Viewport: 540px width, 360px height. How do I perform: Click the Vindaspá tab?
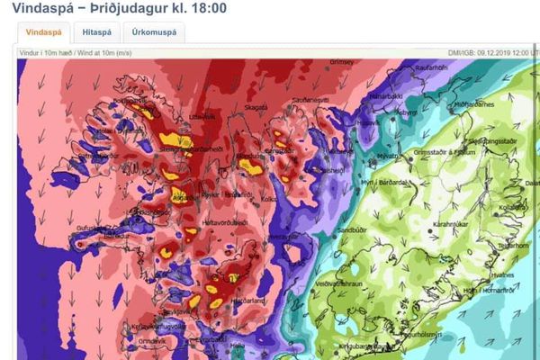point(43,32)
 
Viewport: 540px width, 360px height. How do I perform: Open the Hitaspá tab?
point(96,32)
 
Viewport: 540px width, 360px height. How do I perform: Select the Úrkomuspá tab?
point(153,32)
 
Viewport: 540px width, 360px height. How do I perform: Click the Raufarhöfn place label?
point(429,68)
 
